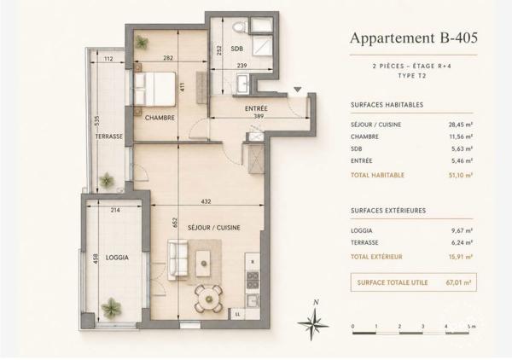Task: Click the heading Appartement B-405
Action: pyautogui.click(x=414, y=38)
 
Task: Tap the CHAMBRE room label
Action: pyautogui.click(x=160, y=118)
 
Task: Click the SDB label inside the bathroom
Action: pyautogui.click(x=236, y=49)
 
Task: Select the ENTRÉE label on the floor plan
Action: pyautogui.click(x=256, y=108)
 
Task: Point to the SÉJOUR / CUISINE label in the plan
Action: pyautogui.click(x=214, y=228)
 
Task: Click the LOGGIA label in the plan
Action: pyautogui.click(x=117, y=258)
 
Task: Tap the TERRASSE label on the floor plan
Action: pyautogui.click(x=109, y=136)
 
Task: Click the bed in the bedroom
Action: pyautogui.click(x=154, y=89)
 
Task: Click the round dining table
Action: pyautogui.click(x=208, y=298)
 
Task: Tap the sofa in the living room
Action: pyautogui.click(x=177, y=260)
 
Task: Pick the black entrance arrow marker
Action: pyautogui.click(x=298, y=89)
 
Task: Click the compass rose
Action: pyautogui.click(x=313, y=324)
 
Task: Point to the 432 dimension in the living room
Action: pyautogui.click(x=206, y=201)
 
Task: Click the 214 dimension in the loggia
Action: pyautogui.click(x=115, y=210)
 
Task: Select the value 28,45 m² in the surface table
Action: pyautogui.click(x=461, y=125)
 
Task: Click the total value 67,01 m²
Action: pyautogui.click(x=458, y=282)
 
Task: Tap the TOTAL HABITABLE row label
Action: pyautogui.click(x=378, y=175)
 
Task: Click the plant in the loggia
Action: pyautogui.click(x=111, y=308)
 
